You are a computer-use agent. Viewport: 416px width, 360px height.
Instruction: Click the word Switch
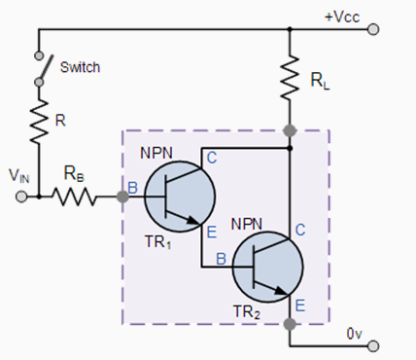[79, 68]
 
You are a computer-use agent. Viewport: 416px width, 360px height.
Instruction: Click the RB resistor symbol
[75, 196]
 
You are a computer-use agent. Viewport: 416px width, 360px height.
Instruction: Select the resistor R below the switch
[38, 122]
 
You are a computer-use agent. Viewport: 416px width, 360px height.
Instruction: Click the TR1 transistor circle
[177, 195]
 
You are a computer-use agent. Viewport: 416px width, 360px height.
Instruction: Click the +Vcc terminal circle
[376, 29]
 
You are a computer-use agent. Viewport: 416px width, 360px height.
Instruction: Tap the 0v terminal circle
[376, 345]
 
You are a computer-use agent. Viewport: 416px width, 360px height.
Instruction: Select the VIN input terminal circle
[21, 196]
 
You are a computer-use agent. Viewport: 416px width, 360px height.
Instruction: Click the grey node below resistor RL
[290, 129]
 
